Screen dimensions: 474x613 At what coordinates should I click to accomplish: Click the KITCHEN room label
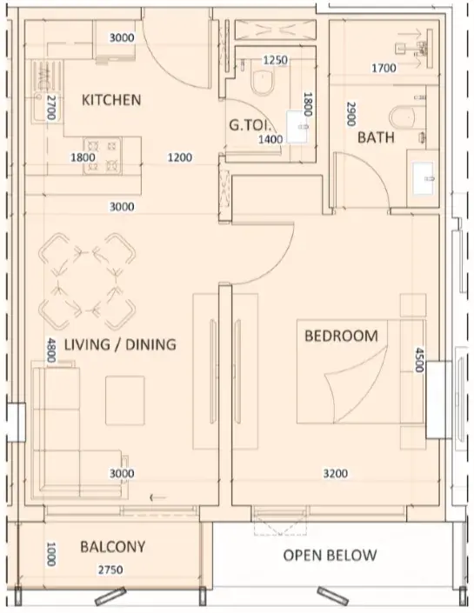pyautogui.click(x=111, y=100)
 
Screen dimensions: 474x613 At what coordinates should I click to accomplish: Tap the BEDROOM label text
pyautogui.click(x=341, y=336)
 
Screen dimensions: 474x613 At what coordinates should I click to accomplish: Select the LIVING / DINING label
pyautogui.click(x=120, y=344)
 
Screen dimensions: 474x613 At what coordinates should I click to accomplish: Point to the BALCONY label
pyautogui.click(x=113, y=547)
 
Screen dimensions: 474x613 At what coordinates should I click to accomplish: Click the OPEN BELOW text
pyautogui.click(x=330, y=555)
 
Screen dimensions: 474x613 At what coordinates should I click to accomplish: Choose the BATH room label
pyautogui.click(x=376, y=137)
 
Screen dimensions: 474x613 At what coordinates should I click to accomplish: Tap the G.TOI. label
pyautogui.click(x=250, y=125)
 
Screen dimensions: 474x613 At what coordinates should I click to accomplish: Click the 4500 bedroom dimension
pyautogui.click(x=419, y=360)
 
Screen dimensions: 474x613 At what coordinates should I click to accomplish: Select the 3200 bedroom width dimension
pyautogui.click(x=336, y=474)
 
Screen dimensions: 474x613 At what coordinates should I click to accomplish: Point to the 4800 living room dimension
pyautogui.click(x=51, y=350)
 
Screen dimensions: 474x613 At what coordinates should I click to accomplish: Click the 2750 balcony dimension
pyautogui.click(x=110, y=570)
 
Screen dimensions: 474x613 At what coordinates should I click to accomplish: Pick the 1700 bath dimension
pyautogui.click(x=384, y=69)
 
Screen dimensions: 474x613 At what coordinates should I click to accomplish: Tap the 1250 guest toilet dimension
pyautogui.click(x=276, y=60)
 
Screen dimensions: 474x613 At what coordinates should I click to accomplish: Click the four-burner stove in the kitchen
pyautogui.click(x=102, y=156)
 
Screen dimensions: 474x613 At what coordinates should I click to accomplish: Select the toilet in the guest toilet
pyautogui.click(x=262, y=82)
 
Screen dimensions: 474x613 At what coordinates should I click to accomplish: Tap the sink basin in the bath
pyautogui.click(x=424, y=178)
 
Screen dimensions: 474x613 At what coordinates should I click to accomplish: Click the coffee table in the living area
pyautogui.click(x=125, y=400)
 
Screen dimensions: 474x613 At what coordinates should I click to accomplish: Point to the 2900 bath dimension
pyautogui.click(x=350, y=114)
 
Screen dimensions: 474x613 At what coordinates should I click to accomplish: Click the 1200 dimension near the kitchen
pyautogui.click(x=180, y=157)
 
